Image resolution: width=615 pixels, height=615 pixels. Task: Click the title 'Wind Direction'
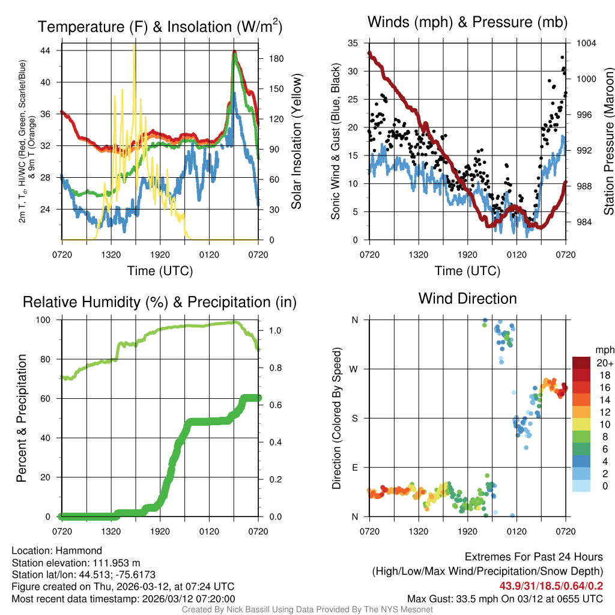point(467,298)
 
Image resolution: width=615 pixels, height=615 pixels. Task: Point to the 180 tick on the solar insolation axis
point(270,59)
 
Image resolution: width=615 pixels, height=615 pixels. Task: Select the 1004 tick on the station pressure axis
point(585,43)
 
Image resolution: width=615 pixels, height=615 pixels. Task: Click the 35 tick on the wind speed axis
point(353,43)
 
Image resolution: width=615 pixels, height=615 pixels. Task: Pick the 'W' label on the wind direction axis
point(354,369)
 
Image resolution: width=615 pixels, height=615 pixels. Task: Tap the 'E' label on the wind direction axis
point(354,467)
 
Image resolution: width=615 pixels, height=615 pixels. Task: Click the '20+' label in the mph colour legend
point(604,363)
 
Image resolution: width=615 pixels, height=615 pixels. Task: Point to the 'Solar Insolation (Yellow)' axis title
point(296,141)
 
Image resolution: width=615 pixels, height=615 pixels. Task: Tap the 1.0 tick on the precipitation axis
point(273,330)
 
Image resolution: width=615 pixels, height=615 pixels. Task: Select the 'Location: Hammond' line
point(57,551)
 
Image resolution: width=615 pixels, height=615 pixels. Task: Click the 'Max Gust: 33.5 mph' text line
point(505,598)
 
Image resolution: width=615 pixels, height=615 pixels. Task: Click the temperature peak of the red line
point(234,52)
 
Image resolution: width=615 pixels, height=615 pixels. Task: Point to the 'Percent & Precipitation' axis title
point(22,418)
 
